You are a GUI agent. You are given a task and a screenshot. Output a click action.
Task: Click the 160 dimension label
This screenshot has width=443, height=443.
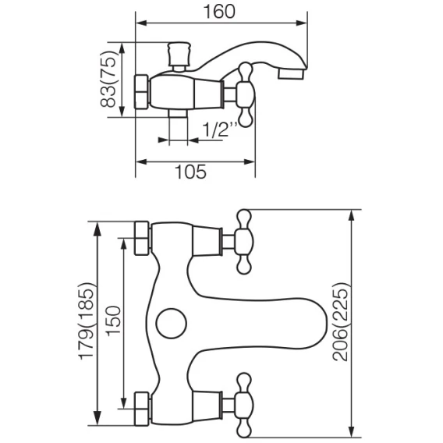click(x=219, y=12)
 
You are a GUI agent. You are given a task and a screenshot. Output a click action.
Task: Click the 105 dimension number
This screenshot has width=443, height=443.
click(x=191, y=172)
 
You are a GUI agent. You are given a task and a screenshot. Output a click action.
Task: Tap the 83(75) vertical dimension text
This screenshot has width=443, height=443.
click(x=108, y=79)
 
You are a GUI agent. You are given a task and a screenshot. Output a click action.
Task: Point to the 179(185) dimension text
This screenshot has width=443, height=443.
click(x=87, y=321)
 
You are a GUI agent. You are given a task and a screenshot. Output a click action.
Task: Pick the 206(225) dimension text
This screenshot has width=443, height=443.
click(x=340, y=321)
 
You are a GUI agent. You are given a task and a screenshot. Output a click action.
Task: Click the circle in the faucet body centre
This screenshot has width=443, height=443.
click(x=172, y=323)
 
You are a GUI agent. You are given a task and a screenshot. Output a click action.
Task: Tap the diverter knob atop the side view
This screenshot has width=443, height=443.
click(x=179, y=56)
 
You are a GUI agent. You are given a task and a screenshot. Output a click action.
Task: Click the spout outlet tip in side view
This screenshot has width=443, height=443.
click(x=291, y=74)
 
